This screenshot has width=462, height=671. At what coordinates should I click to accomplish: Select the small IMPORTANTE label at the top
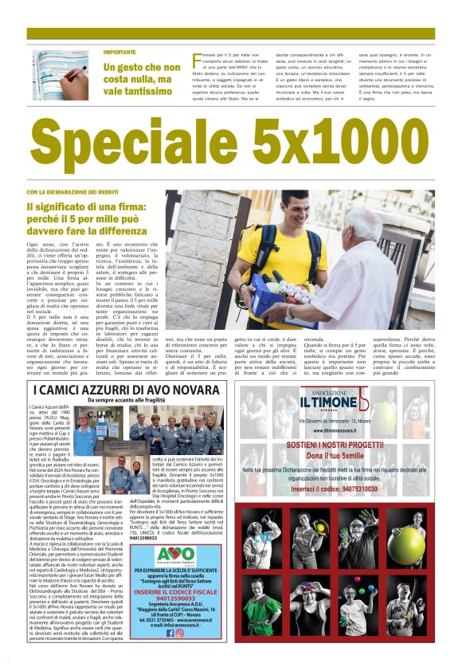(119, 52)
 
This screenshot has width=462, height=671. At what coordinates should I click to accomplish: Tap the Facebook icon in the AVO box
(170, 633)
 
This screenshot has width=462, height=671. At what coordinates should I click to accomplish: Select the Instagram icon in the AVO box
(179, 633)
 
